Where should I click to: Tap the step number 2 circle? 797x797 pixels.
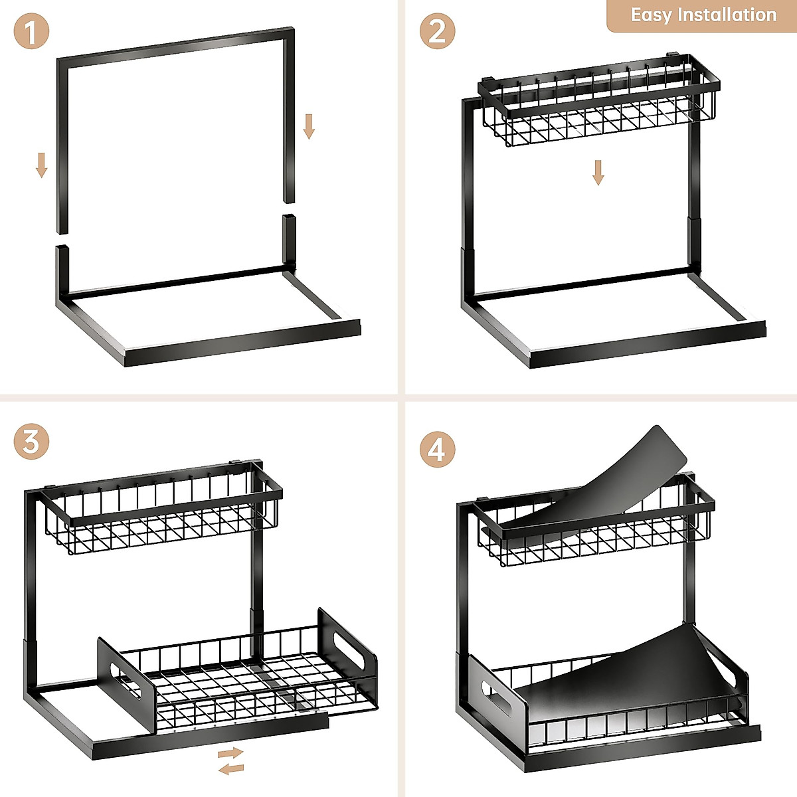click(x=437, y=31)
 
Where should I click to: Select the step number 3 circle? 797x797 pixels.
click(x=31, y=441)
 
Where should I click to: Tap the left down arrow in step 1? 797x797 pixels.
click(x=41, y=165)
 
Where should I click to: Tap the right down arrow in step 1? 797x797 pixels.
click(x=309, y=126)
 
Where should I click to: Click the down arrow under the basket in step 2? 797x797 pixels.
click(x=598, y=172)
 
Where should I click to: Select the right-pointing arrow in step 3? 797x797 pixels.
click(x=231, y=753)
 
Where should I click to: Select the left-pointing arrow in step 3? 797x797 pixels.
click(x=231, y=769)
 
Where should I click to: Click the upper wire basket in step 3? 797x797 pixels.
click(x=163, y=518)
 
